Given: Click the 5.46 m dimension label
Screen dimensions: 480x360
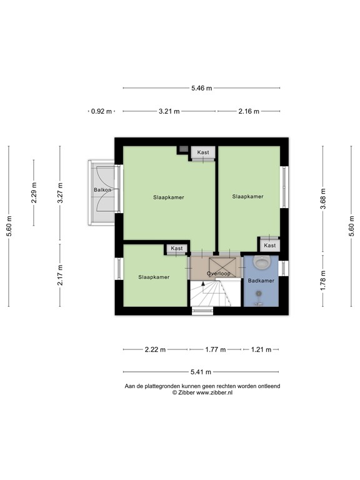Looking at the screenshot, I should [201, 88].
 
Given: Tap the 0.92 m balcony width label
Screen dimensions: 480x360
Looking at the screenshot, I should [101, 111].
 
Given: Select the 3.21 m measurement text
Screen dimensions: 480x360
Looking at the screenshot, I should [169, 111].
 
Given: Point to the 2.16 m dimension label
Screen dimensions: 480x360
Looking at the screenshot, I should [248, 111].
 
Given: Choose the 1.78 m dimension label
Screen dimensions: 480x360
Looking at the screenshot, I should [324, 280].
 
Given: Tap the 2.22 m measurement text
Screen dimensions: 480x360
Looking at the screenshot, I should [154, 349].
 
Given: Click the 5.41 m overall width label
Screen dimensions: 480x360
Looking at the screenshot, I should [201, 371].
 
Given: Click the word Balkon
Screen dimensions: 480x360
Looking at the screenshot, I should [102, 190].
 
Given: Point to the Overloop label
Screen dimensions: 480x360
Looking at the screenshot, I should [219, 274].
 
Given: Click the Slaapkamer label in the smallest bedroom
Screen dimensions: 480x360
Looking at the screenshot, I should [154, 277].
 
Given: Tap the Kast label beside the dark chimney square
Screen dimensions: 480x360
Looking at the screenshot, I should [203, 152].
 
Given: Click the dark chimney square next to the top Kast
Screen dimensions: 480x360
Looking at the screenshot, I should [183, 150].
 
